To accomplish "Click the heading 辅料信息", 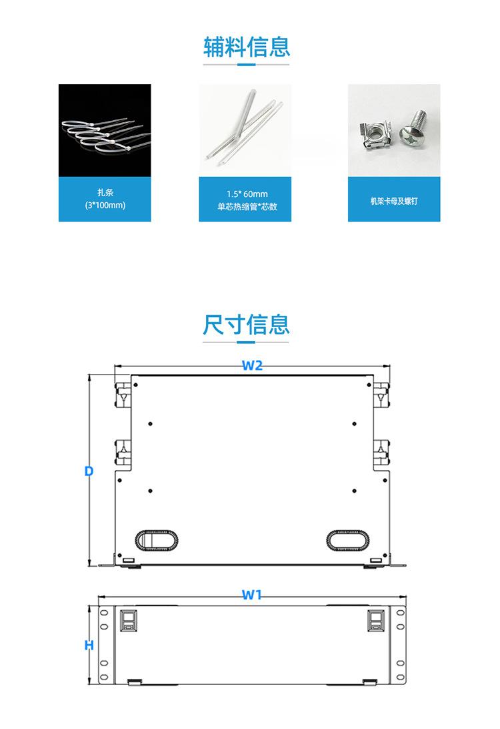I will (x=247, y=47).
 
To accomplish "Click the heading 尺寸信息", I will (x=247, y=325).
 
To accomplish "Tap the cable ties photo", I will (x=105, y=130).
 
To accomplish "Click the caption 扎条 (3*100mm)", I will (x=105, y=199).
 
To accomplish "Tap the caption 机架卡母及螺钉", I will (x=393, y=200).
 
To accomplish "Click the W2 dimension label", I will (x=251, y=365).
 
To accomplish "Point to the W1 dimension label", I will (x=251, y=595).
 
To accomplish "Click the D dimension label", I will (x=89, y=471).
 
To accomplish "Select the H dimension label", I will (x=89, y=646).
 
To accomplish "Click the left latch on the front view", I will (x=128, y=620).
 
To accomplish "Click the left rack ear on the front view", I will (x=105, y=645).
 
